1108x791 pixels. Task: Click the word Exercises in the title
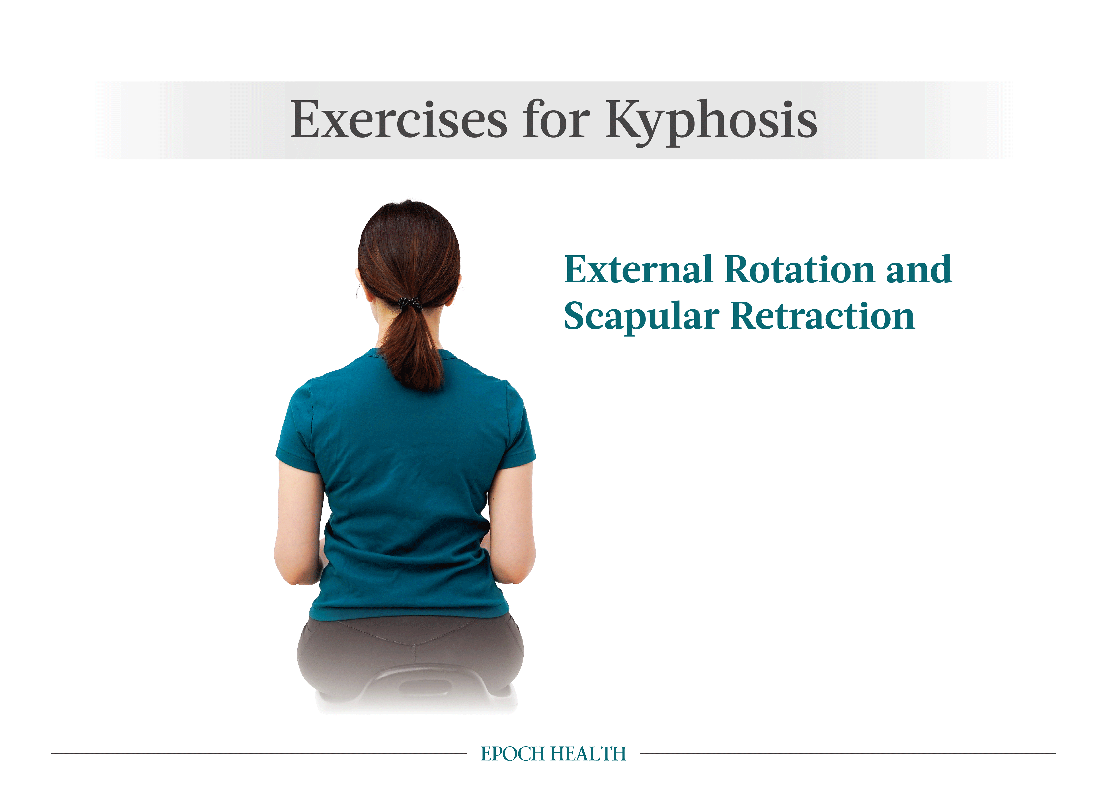click(399, 119)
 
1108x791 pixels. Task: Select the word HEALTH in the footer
click(588, 754)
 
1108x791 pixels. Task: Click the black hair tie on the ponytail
click(410, 303)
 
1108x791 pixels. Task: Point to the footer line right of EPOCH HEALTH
click(848, 754)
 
